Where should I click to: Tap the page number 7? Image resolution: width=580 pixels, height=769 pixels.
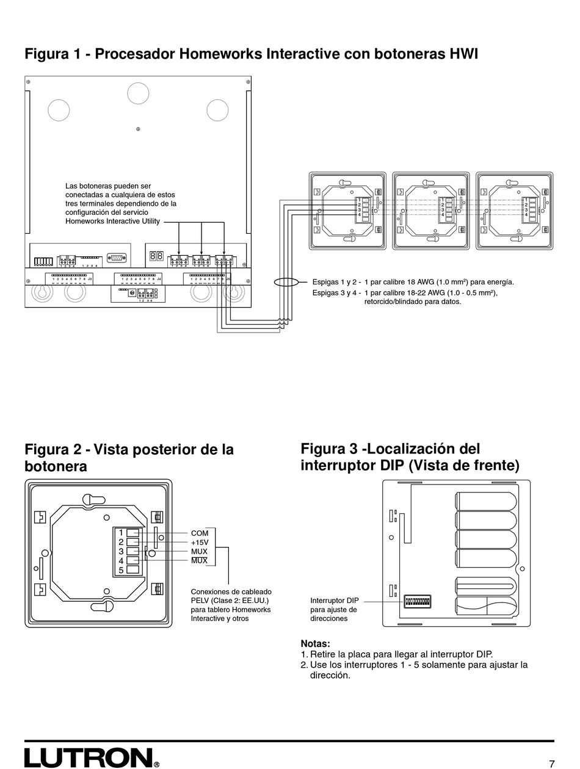pyautogui.click(x=551, y=764)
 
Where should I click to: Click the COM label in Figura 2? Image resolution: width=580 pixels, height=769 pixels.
pyautogui.click(x=200, y=533)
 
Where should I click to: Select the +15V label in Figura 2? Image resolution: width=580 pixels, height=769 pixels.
pyautogui.click(x=200, y=542)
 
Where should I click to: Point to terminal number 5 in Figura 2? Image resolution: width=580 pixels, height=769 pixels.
pyautogui.click(x=121, y=570)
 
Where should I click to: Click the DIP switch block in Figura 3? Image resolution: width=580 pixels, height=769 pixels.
pyautogui.click(x=417, y=601)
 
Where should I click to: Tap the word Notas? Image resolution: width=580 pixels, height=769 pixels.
pyautogui.click(x=315, y=643)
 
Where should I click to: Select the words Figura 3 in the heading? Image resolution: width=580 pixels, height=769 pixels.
pyautogui.click(x=329, y=449)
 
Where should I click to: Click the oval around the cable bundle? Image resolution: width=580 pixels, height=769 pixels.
pyautogui.click(x=285, y=283)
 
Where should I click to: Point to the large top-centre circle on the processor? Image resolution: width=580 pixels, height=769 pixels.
pyautogui.click(x=138, y=93)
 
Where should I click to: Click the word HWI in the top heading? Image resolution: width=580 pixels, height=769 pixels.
pyautogui.click(x=463, y=54)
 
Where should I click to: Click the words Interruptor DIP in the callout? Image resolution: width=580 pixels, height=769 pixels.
pyautogui.click(x=335, y=600)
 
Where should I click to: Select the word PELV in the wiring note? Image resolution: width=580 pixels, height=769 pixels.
pyautogui.click(x=200, y=601)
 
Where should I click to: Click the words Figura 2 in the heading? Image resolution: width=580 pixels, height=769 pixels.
pyautogui.click(x=53, y=450)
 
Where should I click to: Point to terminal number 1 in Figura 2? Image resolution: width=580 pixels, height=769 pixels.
pyautogui.click(x=121, y=532)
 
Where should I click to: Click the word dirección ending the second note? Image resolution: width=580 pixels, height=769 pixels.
pyautogui.click(x=330, y=676)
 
